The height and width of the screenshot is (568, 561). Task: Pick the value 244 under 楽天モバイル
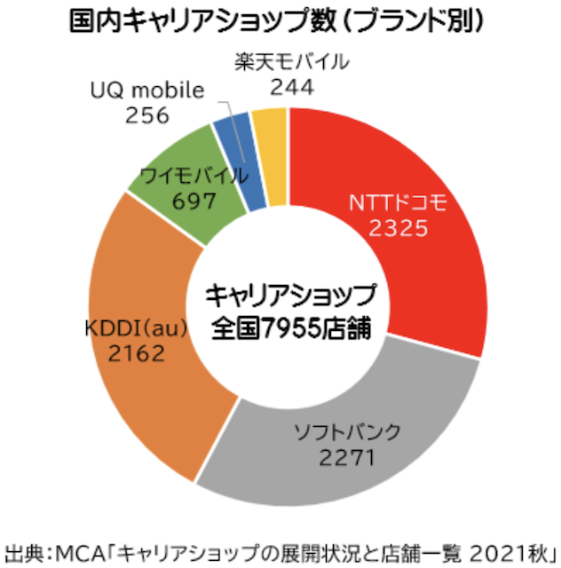(292, 88)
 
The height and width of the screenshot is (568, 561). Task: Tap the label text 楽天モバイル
(292, 63)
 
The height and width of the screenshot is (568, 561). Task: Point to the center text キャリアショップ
(290, 294)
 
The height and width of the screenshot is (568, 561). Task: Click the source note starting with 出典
(280, 548)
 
